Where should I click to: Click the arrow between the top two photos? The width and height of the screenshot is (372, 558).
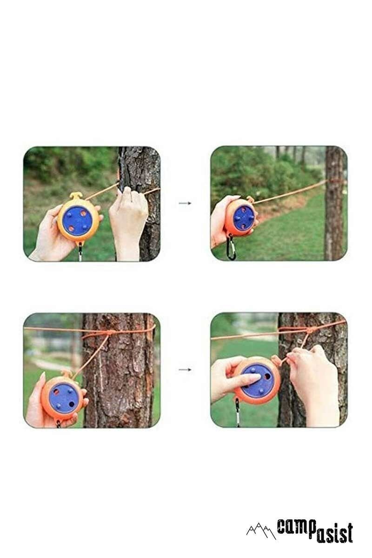click(x=185, y=203)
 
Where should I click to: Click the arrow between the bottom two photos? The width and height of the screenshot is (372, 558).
click(x=185, y=370)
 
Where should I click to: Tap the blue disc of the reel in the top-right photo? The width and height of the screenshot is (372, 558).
click(x=243, y=218)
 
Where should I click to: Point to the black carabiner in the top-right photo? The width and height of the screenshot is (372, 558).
click(x=231, y=247)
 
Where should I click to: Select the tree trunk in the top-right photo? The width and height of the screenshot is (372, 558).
click(x=334, y=205)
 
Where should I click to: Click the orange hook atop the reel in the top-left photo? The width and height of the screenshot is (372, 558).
click(x=76, y=195)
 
